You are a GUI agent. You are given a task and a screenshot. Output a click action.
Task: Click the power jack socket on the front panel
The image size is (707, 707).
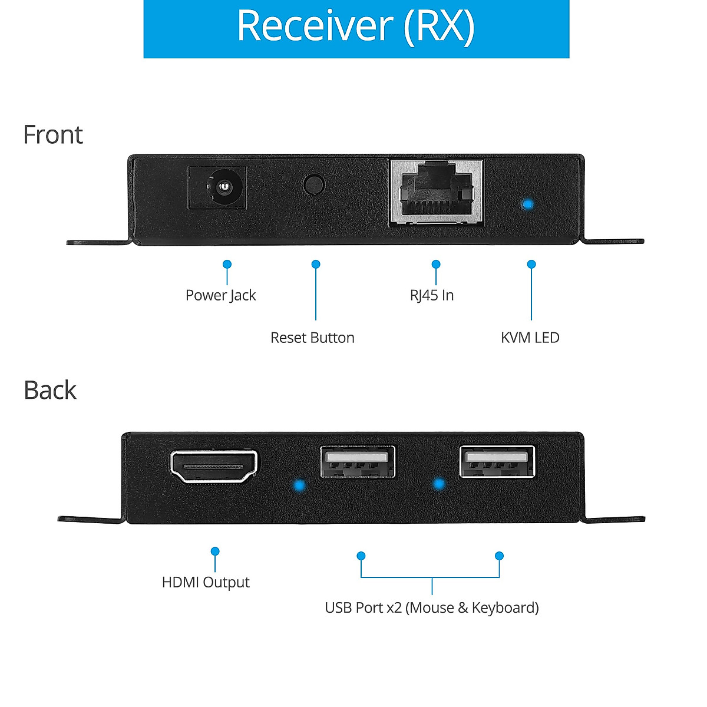217,187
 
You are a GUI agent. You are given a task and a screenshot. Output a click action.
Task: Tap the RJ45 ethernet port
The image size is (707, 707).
437,191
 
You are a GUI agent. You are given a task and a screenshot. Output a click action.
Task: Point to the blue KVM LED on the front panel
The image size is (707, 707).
528,204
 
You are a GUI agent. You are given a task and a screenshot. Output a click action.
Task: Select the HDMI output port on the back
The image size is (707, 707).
214,467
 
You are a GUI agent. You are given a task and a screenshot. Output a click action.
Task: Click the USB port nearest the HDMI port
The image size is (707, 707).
358,461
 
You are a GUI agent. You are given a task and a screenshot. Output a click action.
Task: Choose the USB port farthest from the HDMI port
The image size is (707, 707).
497,461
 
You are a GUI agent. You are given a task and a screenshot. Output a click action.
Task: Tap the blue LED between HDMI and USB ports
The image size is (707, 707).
299,485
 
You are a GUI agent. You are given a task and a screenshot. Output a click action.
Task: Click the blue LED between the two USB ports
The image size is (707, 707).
438,484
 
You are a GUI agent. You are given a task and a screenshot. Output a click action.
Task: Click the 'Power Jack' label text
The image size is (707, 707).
220,295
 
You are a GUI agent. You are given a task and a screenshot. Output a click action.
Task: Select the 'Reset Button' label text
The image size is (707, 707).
312,338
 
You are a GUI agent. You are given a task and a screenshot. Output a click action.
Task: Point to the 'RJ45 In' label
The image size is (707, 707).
432,295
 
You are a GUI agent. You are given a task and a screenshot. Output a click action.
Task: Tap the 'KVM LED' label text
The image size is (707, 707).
530,338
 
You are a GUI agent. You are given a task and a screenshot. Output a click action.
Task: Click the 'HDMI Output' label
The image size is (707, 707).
206,582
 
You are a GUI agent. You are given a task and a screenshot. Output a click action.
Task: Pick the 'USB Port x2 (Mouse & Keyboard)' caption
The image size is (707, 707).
432,607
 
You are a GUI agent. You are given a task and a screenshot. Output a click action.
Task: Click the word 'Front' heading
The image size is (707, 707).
53,135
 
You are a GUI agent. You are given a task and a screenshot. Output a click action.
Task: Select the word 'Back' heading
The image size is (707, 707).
50,390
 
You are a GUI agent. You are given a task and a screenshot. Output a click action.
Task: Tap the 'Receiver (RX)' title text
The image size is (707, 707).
356,26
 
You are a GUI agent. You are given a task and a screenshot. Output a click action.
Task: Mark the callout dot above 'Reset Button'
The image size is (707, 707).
316,265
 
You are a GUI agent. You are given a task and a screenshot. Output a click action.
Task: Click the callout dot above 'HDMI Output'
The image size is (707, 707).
215,551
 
